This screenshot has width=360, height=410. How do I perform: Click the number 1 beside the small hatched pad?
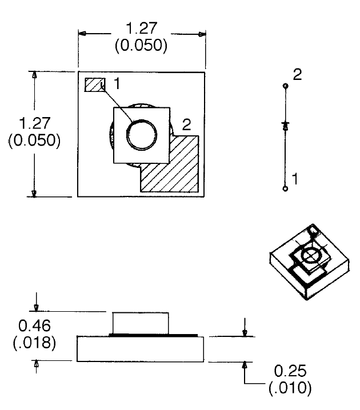pyautogui.click(x=116, y=84)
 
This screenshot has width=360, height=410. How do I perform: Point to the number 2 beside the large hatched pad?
pyautogui.click(x=186, y=124)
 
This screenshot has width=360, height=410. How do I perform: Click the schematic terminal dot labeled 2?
pyautogui.click(x=285, y=86)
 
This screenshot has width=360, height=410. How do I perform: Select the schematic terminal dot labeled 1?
pyautogui.click(x=285, y=187)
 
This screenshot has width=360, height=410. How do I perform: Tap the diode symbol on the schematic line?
pyautogui.click(x=285, y=124)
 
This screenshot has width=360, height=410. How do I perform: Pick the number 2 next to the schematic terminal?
pyautogui.click(x=297, y=74)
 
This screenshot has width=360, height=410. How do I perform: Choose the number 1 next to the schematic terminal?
pyautogui.click(x=295, y=179)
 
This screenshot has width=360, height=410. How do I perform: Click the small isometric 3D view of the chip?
pyautogui.click(x=309, y=260)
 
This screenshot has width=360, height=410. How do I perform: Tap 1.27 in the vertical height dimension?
pyautogui.click(x=34, y=123)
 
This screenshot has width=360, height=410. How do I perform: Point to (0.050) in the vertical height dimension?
pyautogui.click(x=34, y=140)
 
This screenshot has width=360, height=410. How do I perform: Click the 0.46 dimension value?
pyautogui.click(x=34, y=325)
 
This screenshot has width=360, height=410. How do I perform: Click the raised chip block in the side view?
pyautogui.click(x=141, y=323)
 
